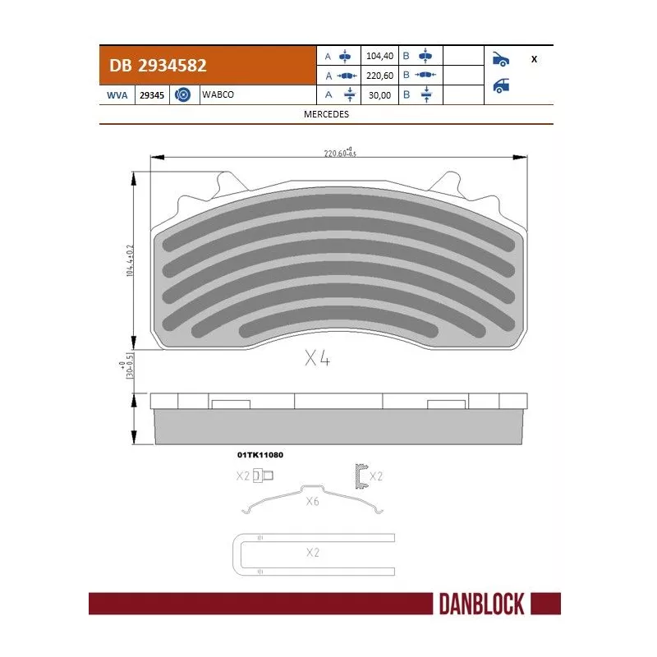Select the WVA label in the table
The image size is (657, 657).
(x=116, y=95)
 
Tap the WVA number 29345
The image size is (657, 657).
(x=152, y=95)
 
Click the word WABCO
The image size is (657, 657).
(x=218, y=94)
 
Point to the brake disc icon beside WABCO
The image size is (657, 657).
(x=182, y=95)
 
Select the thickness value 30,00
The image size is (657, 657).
(x=379, y=94)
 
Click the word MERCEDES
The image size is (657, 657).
(x=326, y=114)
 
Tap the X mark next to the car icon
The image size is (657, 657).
(x=535, y=59)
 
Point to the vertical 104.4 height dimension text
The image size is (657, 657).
(x=129, y=261)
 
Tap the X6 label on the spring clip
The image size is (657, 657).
(x=311, y=501)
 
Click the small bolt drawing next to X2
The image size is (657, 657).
(x=264, y=476)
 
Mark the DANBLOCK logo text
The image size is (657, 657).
(x=483, y=604)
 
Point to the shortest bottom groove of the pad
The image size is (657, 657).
(x=336, y=328)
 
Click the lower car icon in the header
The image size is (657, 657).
(x=500, y=86)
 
